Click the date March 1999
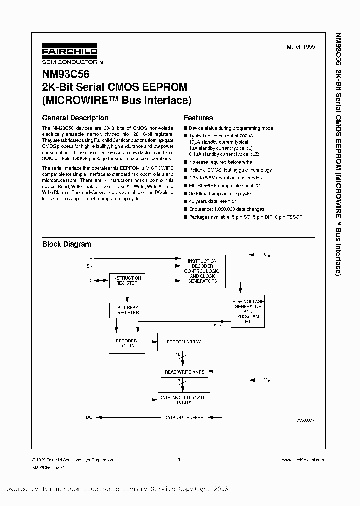coord(301,47)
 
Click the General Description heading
coord(75,118)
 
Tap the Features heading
coord(198,118)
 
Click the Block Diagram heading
coord(66,244)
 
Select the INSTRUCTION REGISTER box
coord(127,280)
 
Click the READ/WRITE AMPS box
coord(184,371)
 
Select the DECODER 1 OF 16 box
coord(126,343)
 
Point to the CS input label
coord(89,258)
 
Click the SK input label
coord(89,266)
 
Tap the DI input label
coord(90,281)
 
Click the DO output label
coord(89,416)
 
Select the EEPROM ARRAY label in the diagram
coord(183,342)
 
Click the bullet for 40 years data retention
coord(185,201)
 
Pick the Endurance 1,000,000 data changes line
coord(226,209)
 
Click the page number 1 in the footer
coord(179,459)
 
